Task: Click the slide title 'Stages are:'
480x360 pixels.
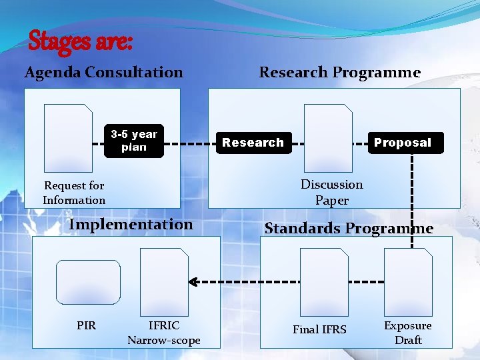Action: pos(81,41)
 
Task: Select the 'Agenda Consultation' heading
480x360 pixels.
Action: pos(103,72)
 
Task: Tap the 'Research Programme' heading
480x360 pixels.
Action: pos(339,72)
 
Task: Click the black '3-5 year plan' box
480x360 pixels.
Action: pos(134,141)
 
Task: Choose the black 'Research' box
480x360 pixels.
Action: pos(253,142)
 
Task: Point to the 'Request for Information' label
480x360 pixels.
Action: pos(74,193)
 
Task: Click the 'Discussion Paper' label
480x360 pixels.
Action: pos(331,192)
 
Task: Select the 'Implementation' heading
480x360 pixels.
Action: pos(131,224)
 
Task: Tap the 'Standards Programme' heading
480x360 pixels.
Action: pos(349,228)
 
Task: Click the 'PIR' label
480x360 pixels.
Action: pos(86,325)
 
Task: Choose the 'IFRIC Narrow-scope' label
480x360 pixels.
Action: pos(164,333)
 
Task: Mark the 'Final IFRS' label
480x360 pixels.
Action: pos(319,329)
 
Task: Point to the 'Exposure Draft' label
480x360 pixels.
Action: pos(408,333)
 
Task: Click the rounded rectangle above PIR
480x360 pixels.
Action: pos(88,282)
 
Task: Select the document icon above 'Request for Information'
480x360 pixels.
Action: pos(68,137)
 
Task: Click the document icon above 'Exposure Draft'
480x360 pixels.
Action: pos(408,281)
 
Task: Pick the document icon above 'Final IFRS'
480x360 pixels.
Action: pos(324,281)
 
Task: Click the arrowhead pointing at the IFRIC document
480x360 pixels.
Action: pos(193,281)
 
